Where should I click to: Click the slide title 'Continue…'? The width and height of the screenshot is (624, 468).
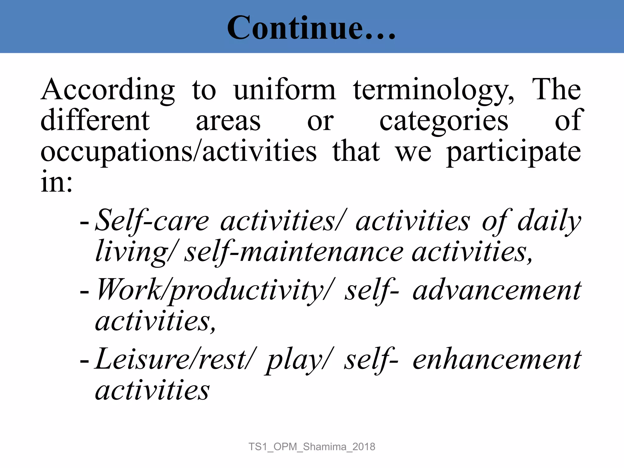click(x=311, y=28)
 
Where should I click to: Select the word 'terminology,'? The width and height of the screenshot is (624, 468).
click(x=434, y=90)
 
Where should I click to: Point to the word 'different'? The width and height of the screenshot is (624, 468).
click(x=95, y=120)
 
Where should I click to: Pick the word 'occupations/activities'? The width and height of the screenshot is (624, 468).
click(x=179, y=151)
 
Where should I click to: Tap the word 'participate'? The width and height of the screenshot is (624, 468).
click(x=514, y=152)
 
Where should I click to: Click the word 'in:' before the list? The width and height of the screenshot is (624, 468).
click(x=57, y=182)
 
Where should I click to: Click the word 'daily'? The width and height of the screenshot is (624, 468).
click(x=549, y=221)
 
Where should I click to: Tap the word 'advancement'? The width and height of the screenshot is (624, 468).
click(x=497, y=290)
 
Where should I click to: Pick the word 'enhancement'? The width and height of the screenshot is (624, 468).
click(x=497, y=360)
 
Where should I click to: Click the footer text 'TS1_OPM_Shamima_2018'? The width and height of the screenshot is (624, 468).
click(x=312, y=447)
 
